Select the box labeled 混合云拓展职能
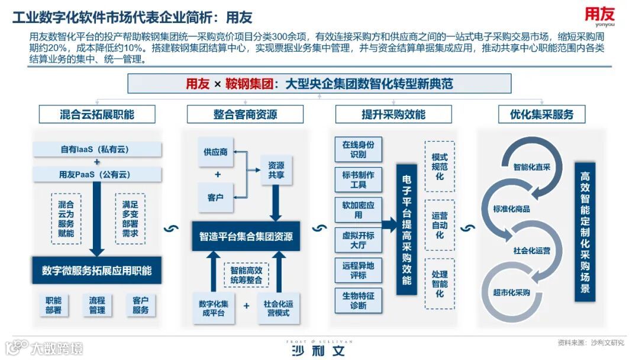[97, 114]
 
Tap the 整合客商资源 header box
[245, 114]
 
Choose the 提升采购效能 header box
[393, 114]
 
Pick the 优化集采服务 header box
[542, 114]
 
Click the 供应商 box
[215, 152]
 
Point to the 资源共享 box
[276, 171]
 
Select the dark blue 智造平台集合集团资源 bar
[245, 237]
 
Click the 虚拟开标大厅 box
[358, 239]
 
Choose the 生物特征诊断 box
[358, 300]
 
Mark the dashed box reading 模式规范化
[440, 166]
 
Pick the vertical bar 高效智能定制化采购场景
[585, 232]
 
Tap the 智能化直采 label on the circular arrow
[532, 168]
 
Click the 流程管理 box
[97, 305]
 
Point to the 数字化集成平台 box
[214, 308]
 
